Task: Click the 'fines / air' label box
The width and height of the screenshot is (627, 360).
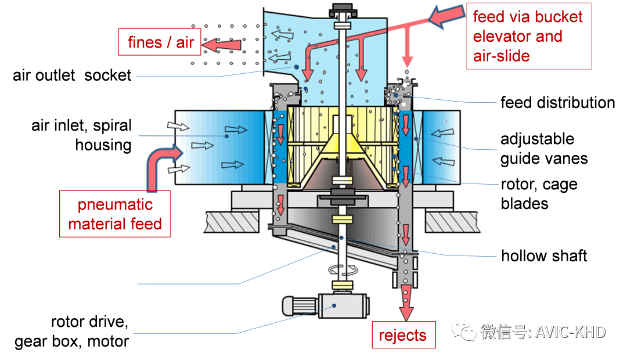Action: (160, 42)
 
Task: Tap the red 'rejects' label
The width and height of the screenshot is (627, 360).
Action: (403, 335)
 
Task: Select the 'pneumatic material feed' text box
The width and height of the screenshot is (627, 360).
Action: (115, 214)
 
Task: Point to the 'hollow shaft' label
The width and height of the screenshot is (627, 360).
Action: (544, 255)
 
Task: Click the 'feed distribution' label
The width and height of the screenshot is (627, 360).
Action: (557, 103)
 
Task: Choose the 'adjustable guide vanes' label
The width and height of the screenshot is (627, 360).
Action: (544, 149)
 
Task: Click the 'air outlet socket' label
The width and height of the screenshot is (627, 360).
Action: (72, 75)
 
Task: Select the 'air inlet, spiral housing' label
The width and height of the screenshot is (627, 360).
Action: (82, 135)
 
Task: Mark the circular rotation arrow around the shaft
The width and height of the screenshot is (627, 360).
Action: (341, 270)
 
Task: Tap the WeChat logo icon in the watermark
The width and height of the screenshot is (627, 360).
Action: (464, 332)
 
